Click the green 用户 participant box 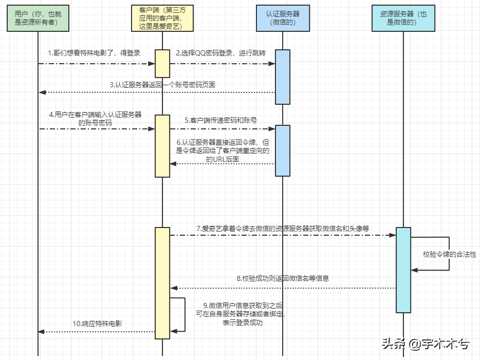click(38, 18)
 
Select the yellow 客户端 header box click(162, 18)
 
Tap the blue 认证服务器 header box click(282, 18)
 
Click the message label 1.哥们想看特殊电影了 click(94, 53)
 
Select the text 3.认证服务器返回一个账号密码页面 click(162, 84)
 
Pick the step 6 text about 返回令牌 click(223, 150)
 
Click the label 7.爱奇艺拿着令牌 click(283, 228)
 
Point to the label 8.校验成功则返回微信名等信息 click(283, 278)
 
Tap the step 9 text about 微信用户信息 click(243, 314)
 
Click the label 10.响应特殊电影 click(97, 324)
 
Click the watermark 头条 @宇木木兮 click(425, 344)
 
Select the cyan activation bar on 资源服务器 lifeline click(403, 270)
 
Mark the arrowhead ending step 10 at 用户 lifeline click(42, 332)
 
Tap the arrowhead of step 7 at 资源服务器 click(392, 235)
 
